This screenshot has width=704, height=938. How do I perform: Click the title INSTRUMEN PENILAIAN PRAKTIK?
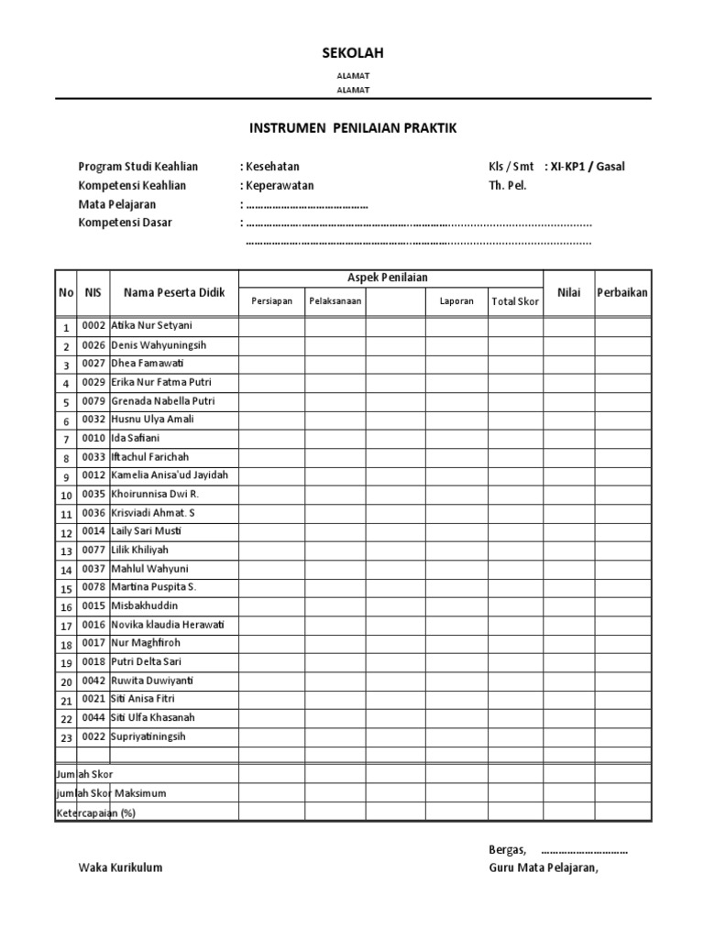point(353,129)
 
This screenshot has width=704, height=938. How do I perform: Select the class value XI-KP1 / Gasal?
point(587,167)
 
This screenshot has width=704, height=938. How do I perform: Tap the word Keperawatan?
point(279,185)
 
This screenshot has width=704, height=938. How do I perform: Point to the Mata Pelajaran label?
point(116,204)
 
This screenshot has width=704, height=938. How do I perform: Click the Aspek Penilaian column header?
point(391,278)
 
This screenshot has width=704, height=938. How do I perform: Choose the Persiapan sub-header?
point(271,301)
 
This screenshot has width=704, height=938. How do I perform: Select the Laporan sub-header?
point(456,301)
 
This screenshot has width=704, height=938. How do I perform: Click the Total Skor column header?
point(514,301)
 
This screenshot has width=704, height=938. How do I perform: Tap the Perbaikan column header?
point(622,292)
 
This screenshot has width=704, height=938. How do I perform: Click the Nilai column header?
point(568,292)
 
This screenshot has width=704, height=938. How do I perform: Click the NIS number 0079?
point(94,401)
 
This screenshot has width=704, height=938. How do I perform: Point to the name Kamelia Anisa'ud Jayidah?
point(170,475)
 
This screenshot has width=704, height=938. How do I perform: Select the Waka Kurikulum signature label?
point(120,867)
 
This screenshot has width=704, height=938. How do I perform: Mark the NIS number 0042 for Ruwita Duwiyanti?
point(94,682)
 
